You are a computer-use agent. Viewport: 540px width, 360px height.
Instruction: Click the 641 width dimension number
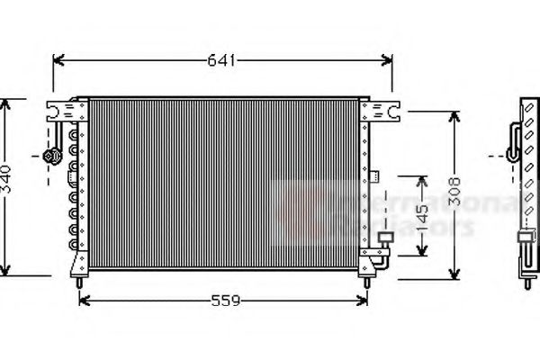221,61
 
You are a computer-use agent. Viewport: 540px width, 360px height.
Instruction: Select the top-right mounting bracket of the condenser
380,112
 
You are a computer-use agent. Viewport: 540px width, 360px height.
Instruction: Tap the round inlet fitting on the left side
51,157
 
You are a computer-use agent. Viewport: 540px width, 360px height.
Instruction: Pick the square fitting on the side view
525,239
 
